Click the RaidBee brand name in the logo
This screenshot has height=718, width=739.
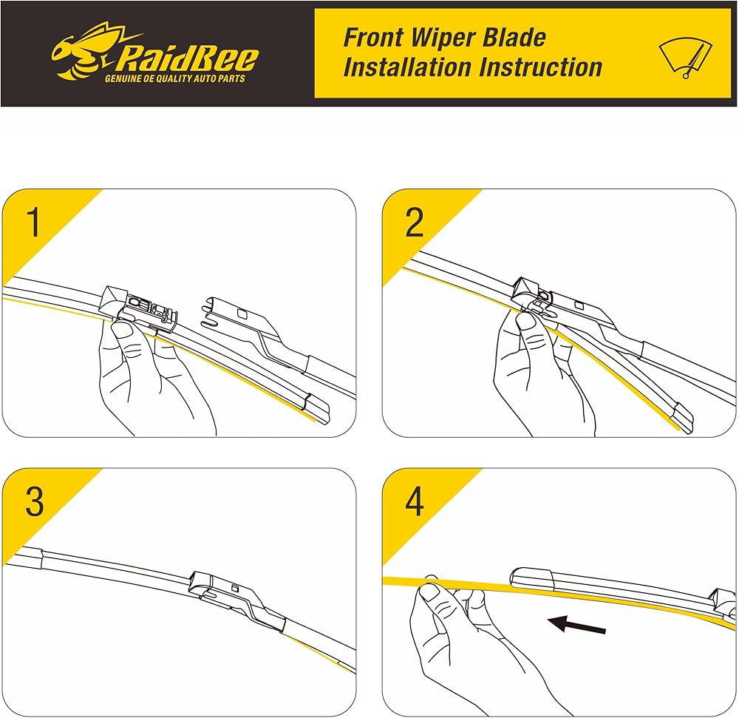186,58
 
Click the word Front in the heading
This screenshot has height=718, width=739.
373,37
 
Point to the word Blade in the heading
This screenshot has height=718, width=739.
514,37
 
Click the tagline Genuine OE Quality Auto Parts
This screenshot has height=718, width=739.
175,78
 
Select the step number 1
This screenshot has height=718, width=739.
33,222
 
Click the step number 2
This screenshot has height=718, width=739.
415,222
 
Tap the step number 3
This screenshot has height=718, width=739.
35,501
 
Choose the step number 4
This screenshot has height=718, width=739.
415,501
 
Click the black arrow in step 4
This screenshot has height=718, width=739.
577,625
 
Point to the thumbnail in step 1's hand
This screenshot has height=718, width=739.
123,329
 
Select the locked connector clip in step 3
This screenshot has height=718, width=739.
236,597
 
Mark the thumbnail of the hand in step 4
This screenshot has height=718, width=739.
429,592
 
